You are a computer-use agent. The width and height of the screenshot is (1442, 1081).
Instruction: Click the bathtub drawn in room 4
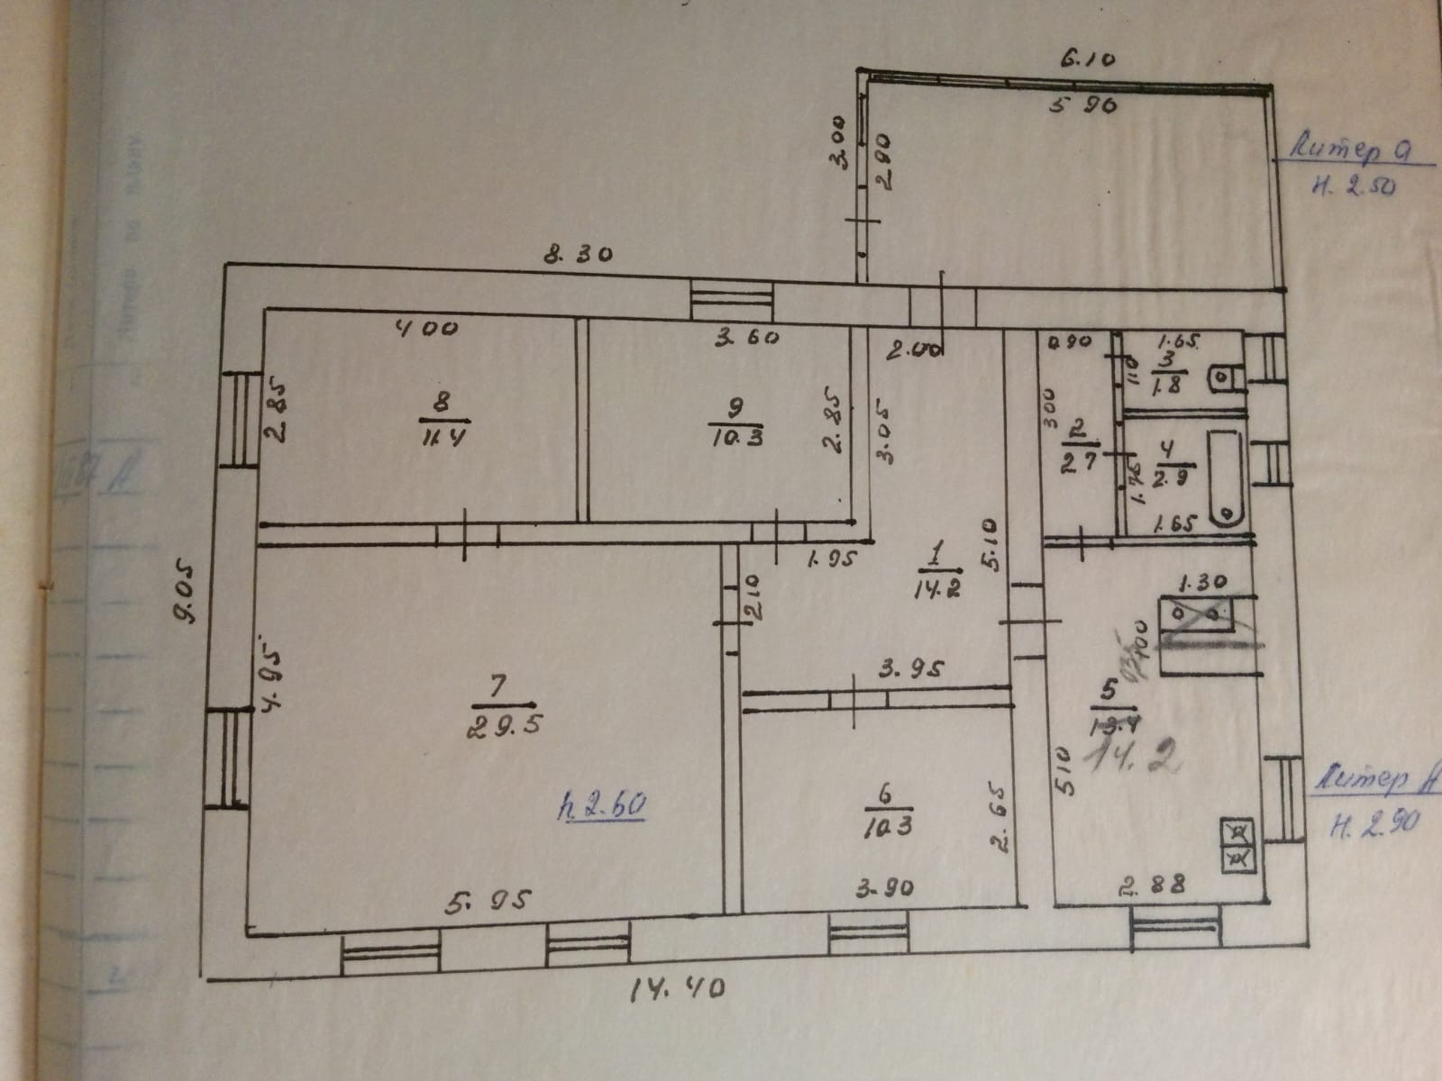coord(1225,478)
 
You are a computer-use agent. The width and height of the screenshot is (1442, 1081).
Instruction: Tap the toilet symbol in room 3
coord(1222,379)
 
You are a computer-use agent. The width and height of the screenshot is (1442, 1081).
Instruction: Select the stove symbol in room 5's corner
coord(1238,846)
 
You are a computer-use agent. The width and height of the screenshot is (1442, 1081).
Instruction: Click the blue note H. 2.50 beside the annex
coord(1354,186)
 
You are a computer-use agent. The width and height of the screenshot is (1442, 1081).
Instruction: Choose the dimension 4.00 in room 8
coord(427,330)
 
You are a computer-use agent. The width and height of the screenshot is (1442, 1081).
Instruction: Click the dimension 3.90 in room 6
coord(884,888)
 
